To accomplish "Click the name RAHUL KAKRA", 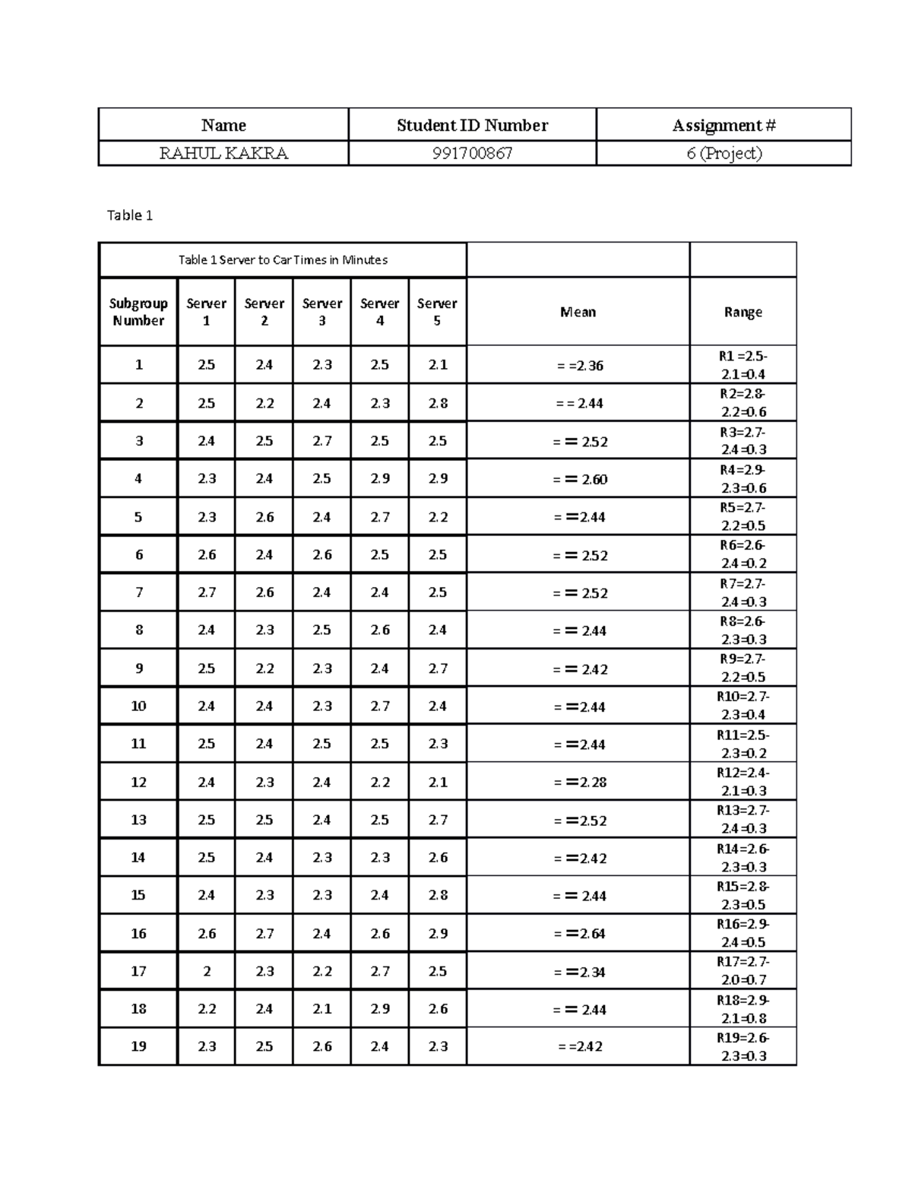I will pyautogui.click(x=223, y=154).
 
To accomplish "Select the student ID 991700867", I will pyautogui.click(x=472, y=154).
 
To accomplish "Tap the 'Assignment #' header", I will pyautogui.click(x=724, y=125).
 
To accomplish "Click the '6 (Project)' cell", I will pyautogui.click(x=724, y=154).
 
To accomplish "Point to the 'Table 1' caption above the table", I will pyautogui.click(x=130, y=216).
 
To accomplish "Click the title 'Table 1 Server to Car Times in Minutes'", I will pyautogui.click(x=283, y=260).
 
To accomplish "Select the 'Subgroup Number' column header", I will pyautogui.click(x=138, y=312).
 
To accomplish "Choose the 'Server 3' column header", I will pyautogui.click(x=321, y=312).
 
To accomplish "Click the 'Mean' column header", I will pyautogui.click(x=578, y=312).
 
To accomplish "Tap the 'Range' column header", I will pyautogui.click(x=743, y=312).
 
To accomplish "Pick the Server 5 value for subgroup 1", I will pyautogui.click(x=437, y=365).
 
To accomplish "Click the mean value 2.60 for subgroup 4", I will pyautogui.click(x=581, y=479).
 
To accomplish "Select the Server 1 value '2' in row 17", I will pyautogui.click(x=207, y=971).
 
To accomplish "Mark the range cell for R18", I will pyautogui.click(x=743, y=1009).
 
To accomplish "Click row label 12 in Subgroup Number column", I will pyautogui.click(x=138, y=783).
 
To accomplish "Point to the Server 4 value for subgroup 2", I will pyautogui.click(x=380, y=404).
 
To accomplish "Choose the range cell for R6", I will pyautogui.click(x=743, y=554).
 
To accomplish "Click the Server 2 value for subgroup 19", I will pyautogui.click(x=264, y=1046).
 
